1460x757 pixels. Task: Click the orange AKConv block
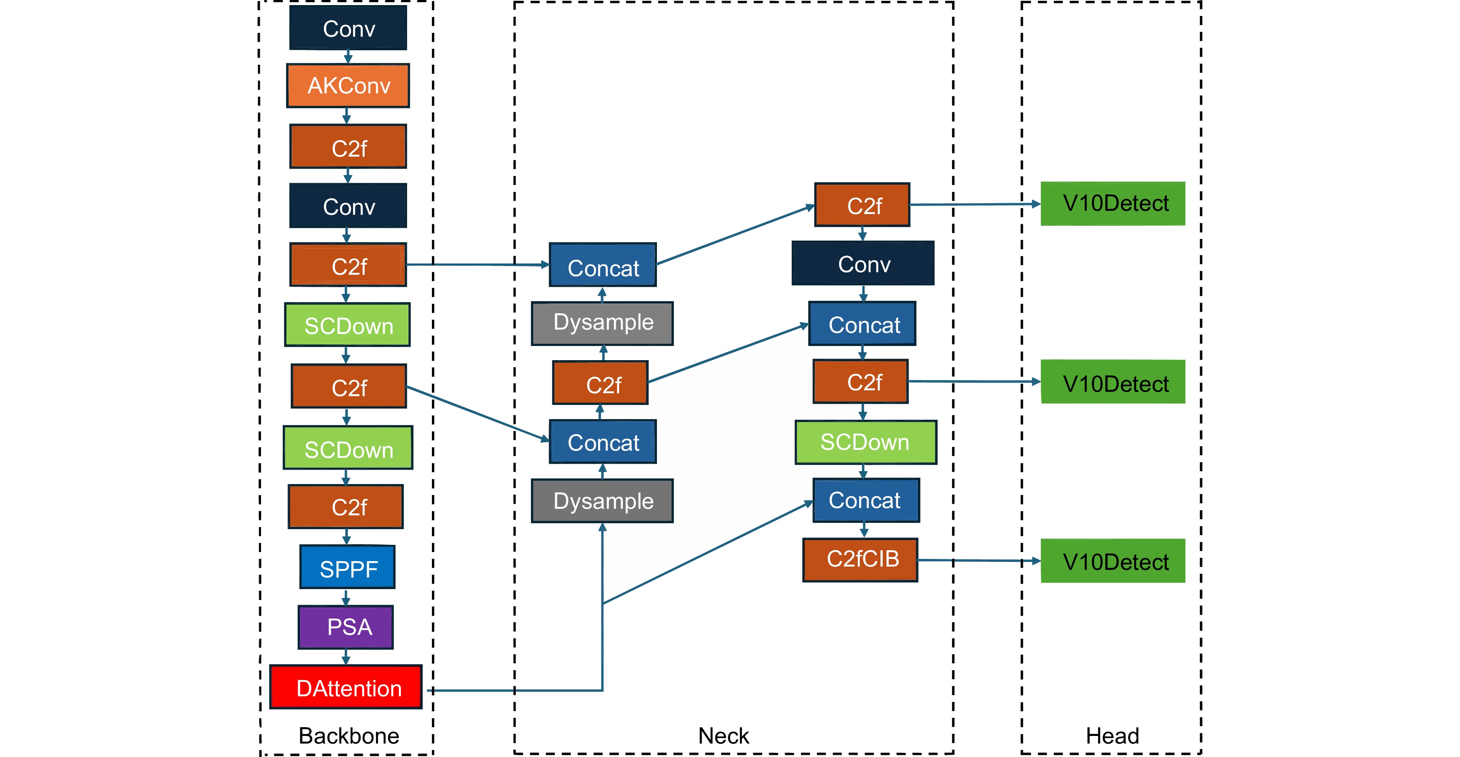coord(348,85)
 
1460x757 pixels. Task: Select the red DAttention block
coord(346,687)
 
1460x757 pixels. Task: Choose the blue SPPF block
coord(348,567)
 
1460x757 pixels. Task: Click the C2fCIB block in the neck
coord(861,560)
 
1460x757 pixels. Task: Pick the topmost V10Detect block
coord(1112,204)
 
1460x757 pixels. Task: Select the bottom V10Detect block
coord(1112,561)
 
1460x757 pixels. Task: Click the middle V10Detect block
coord(1112,382)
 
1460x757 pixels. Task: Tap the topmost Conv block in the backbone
coord(348,28)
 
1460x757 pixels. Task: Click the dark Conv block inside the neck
coord(863,263)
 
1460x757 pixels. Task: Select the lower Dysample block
coord(602,501)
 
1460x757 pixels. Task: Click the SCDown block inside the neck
coord(866,442)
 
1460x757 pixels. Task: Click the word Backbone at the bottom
coord(349,736)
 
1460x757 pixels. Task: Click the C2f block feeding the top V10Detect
coord(862,205)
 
